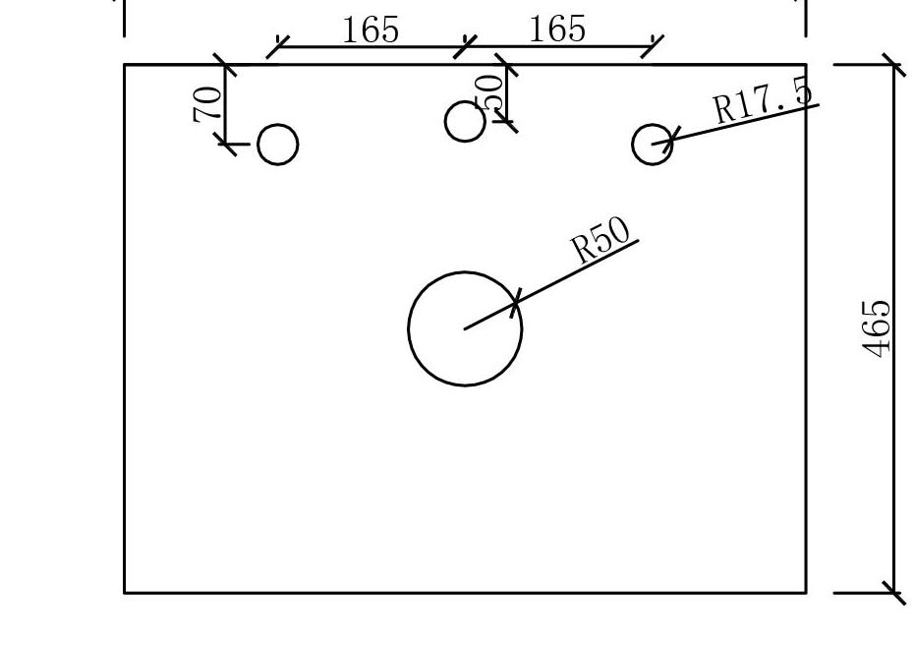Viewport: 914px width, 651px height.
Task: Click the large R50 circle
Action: click(465, 328)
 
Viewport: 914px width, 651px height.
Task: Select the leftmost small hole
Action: click(278, 145)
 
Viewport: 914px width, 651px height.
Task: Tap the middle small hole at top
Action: click(465, 121)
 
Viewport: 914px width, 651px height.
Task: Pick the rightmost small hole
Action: click(653, 145)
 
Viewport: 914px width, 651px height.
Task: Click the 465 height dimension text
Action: click(878, 328)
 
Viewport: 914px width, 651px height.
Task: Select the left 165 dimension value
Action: click(371, 30)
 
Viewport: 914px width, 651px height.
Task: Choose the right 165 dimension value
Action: click(557, 30)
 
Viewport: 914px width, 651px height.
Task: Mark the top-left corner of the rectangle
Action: click(125, 65)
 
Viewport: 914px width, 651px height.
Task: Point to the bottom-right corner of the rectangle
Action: click(806, 593)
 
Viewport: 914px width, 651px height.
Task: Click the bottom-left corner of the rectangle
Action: click(125, 593)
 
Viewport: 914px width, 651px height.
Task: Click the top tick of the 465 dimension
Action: click(893, 65)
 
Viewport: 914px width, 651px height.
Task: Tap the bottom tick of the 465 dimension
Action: click(893, 593)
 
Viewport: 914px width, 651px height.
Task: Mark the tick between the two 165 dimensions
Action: click(465, 46)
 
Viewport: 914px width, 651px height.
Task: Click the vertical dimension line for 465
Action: click(893, 443)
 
